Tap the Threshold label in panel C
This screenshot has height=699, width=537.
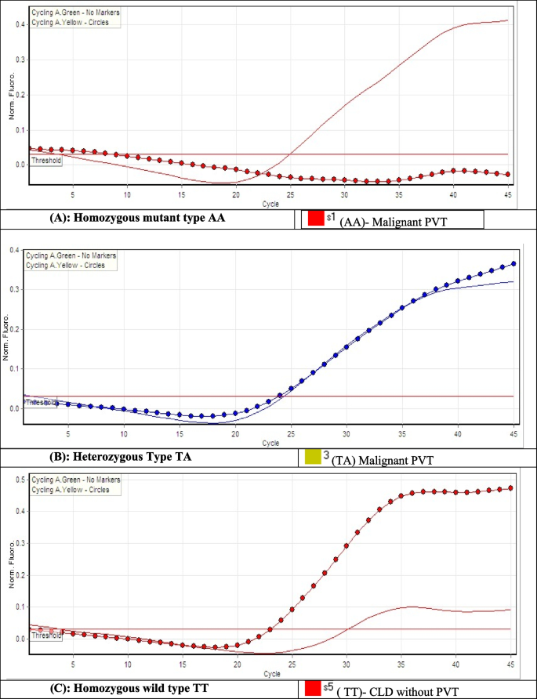[44, 636]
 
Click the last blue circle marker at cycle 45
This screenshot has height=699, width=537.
[513, 264]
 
